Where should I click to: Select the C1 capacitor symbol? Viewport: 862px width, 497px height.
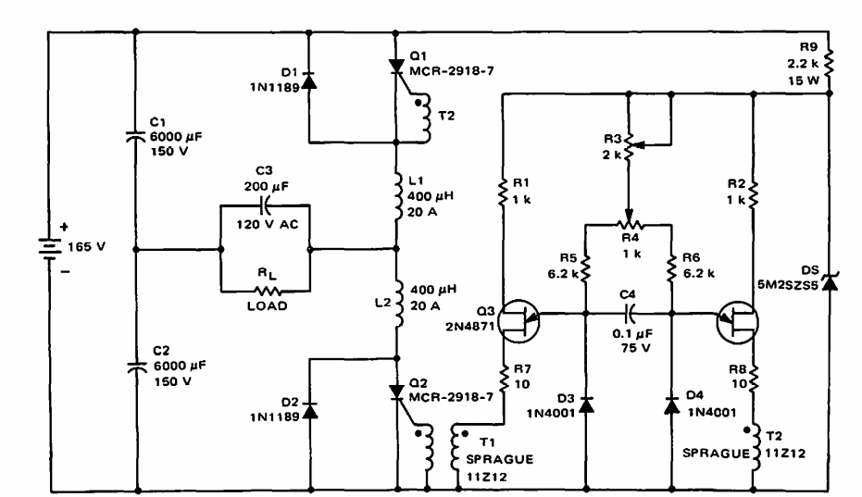click(x=136, y=136)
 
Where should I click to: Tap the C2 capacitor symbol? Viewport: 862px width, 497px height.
click(x=136, y=367)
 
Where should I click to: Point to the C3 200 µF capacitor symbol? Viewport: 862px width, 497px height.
click(x=265, y=205)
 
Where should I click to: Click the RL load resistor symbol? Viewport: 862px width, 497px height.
click(x=268, y=291)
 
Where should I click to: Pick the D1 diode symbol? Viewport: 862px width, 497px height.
click(x=309, y=81)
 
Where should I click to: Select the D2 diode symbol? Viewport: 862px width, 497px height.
click(x=310, y=410)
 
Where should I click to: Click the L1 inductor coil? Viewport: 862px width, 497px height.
click(x=400, y=195)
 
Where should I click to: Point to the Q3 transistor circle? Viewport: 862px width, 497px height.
click(x=518, y=321)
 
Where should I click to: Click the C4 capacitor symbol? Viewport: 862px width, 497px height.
click(x=630, y=314)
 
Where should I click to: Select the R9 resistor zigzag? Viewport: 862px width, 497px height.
click(x=829, y=63)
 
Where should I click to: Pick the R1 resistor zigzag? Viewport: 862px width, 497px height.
click(x=503, y=191)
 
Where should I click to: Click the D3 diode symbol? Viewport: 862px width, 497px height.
click(x=586, y=405)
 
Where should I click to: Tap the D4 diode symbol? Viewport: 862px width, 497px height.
click(x=671, y=405)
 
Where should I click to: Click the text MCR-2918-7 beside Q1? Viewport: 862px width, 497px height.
click(x=451, y=71)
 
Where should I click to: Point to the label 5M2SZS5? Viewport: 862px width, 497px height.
click(x=788, y=285)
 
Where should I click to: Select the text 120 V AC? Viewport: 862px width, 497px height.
click(x=268, y=224)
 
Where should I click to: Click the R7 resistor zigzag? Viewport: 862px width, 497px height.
click(x=503, y=378)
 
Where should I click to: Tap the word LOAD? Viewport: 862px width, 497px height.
click(x=268, y=306)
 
